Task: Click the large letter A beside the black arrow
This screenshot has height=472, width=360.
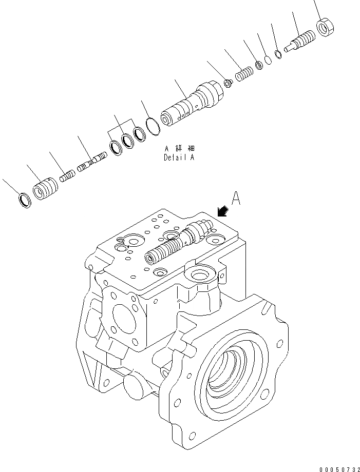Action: pyautogui.click(x=236, y=199)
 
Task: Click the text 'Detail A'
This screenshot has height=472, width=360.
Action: pyautogui.click(x=179, y=158)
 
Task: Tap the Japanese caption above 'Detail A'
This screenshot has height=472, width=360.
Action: pyautogui.click(x=179, y=148)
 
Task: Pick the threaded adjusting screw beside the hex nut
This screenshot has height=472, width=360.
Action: pyautogui.click(x=300, y=42)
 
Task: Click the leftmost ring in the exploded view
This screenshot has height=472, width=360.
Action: pyautogui.click(x=24, y=200)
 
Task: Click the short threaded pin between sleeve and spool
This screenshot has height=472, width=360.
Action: pyautogui.click(x=67, y=175)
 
